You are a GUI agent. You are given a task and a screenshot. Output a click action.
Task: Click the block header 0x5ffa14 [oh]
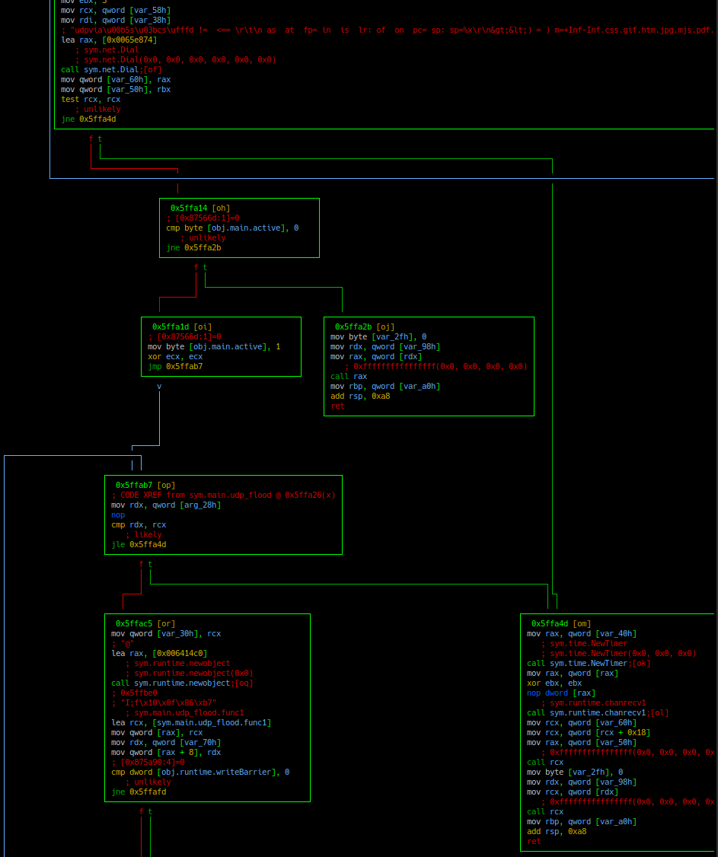point(200,208)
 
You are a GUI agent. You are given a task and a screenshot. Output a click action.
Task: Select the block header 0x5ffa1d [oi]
point(182,327)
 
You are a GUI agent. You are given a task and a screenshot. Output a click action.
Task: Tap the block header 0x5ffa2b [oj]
point(365,327)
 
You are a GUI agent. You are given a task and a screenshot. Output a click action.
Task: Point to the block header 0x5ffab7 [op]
point(145,485)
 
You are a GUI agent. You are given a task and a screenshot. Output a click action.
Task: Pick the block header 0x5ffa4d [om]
point(561,623)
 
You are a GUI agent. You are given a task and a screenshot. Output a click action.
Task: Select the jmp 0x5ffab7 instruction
point(175,366)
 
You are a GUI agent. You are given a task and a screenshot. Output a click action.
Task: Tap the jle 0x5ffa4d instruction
point(139,544)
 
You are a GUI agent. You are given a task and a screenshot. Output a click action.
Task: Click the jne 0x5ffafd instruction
point(139,792)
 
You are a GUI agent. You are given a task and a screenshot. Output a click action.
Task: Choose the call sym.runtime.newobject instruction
point(182,683)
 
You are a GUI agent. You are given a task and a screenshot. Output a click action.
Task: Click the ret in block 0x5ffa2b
point(337,406)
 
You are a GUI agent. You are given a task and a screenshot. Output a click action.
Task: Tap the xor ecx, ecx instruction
point(175,356)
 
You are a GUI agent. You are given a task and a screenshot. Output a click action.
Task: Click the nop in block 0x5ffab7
point(118,515)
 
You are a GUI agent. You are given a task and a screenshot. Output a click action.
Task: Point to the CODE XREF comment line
point(223,495)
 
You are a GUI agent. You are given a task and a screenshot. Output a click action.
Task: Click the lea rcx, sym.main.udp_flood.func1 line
point(191,722)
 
